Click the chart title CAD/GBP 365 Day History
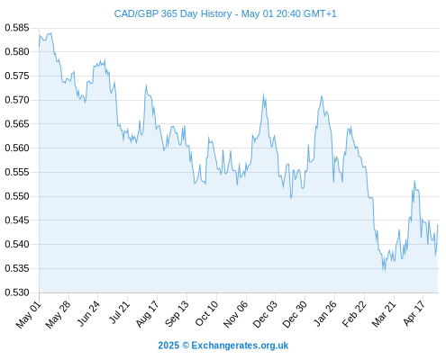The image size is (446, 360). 173,13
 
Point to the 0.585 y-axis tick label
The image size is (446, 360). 17,28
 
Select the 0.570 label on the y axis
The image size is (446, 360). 17,100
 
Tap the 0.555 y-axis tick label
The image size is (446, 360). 17,172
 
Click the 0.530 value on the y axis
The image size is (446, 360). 17,292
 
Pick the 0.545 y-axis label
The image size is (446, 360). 17,220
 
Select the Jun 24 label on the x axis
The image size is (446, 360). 88,313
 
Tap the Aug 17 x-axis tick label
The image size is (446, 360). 147,314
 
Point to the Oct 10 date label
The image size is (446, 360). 206,313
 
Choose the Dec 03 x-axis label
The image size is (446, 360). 265,314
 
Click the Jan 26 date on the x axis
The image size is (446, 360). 324,314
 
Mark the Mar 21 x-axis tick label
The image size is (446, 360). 384,314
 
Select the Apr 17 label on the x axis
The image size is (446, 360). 414,313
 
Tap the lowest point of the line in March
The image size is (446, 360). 385,271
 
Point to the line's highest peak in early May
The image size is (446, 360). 50,33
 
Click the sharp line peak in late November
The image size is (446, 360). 263,94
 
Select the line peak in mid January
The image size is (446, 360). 322,96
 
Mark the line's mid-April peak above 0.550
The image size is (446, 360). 414,181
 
